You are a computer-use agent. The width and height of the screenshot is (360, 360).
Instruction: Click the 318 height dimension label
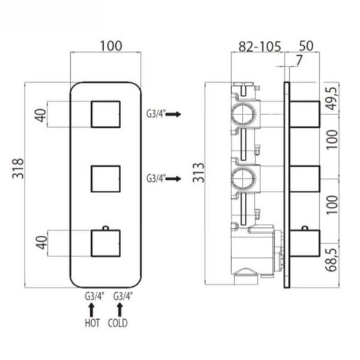coord(18,168)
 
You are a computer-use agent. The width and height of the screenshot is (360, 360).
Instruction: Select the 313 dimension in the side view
coord(199,172)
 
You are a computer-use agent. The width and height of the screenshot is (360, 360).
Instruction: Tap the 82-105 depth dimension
coord(260,47)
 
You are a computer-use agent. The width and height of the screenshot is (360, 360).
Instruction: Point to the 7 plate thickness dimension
coord(299,61)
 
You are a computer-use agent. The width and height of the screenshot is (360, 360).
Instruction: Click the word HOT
coord(92,323)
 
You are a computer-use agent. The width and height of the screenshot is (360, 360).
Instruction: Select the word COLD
coord(118,323)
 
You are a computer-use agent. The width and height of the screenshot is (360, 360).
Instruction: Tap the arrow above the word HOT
coord(92,310)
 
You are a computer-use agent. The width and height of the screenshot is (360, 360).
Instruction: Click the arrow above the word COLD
coord(119,310)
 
